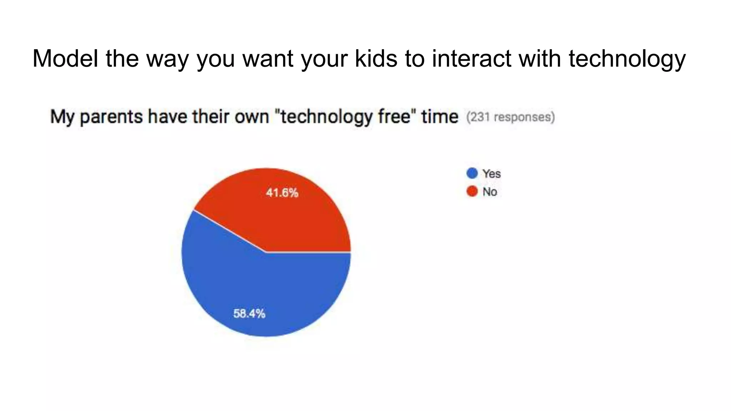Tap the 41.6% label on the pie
click(282, 193)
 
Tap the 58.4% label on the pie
click(249, 314)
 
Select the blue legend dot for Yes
click(472, 173)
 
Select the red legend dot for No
click(472, 192)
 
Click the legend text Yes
click(491, 174)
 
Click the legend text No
click(490, 192)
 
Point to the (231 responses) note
click(510, 117)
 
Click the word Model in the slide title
click(65, 58)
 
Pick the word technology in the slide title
click(627, 59)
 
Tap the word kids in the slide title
click(376, 58)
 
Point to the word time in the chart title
click(440, 116)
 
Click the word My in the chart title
click(63, 117)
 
